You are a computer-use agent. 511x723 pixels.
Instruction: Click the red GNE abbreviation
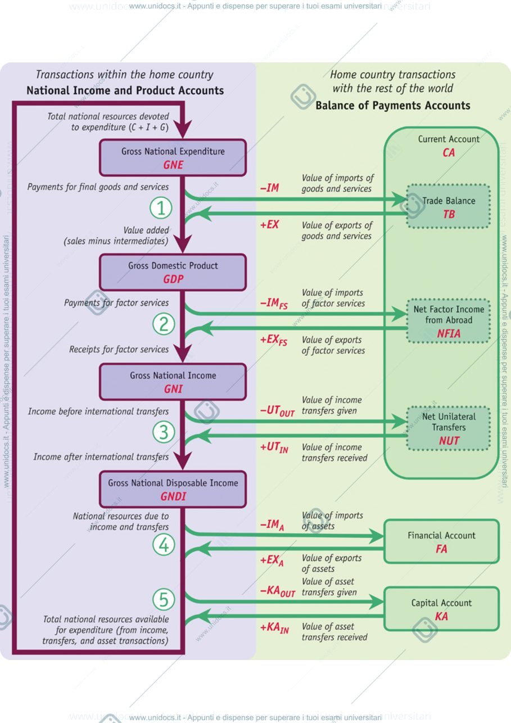[x=173, y=165]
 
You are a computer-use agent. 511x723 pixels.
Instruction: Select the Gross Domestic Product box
[x=173, y=272]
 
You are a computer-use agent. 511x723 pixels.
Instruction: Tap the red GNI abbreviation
[x=173, y=389]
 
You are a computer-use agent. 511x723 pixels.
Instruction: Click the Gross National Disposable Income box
[x=173, y=489]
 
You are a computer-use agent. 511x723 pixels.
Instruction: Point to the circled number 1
[x=161, y=207]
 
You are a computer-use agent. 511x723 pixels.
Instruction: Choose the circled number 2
[x=164, y=324]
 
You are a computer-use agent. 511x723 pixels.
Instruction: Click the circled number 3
[x=164, y=432]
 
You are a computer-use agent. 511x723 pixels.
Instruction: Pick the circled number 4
[x=164, y=545]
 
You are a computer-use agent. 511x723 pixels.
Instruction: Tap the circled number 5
[x=164, y=599]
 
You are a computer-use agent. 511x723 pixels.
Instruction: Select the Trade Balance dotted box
[x=449, y=206]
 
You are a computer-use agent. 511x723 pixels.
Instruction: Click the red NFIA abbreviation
[x=449, y=333]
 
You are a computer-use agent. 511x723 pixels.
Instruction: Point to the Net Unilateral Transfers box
[x=449, y=428]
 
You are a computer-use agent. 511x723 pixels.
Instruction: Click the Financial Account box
[x=442, y=541]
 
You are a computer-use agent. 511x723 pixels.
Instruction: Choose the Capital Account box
[x=442, y=609]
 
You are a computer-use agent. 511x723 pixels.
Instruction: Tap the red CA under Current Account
[x=449, y=152]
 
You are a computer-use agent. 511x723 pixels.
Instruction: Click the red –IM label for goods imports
[x=269, y=188]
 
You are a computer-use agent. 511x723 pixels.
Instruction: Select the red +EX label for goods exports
[x=269, y=224]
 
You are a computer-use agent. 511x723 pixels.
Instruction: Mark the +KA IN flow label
[x=275, y=628]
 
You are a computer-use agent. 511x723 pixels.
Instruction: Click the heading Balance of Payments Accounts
[x=393, y=106]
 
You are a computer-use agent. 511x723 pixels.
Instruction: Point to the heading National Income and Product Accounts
[x=125, y=91]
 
